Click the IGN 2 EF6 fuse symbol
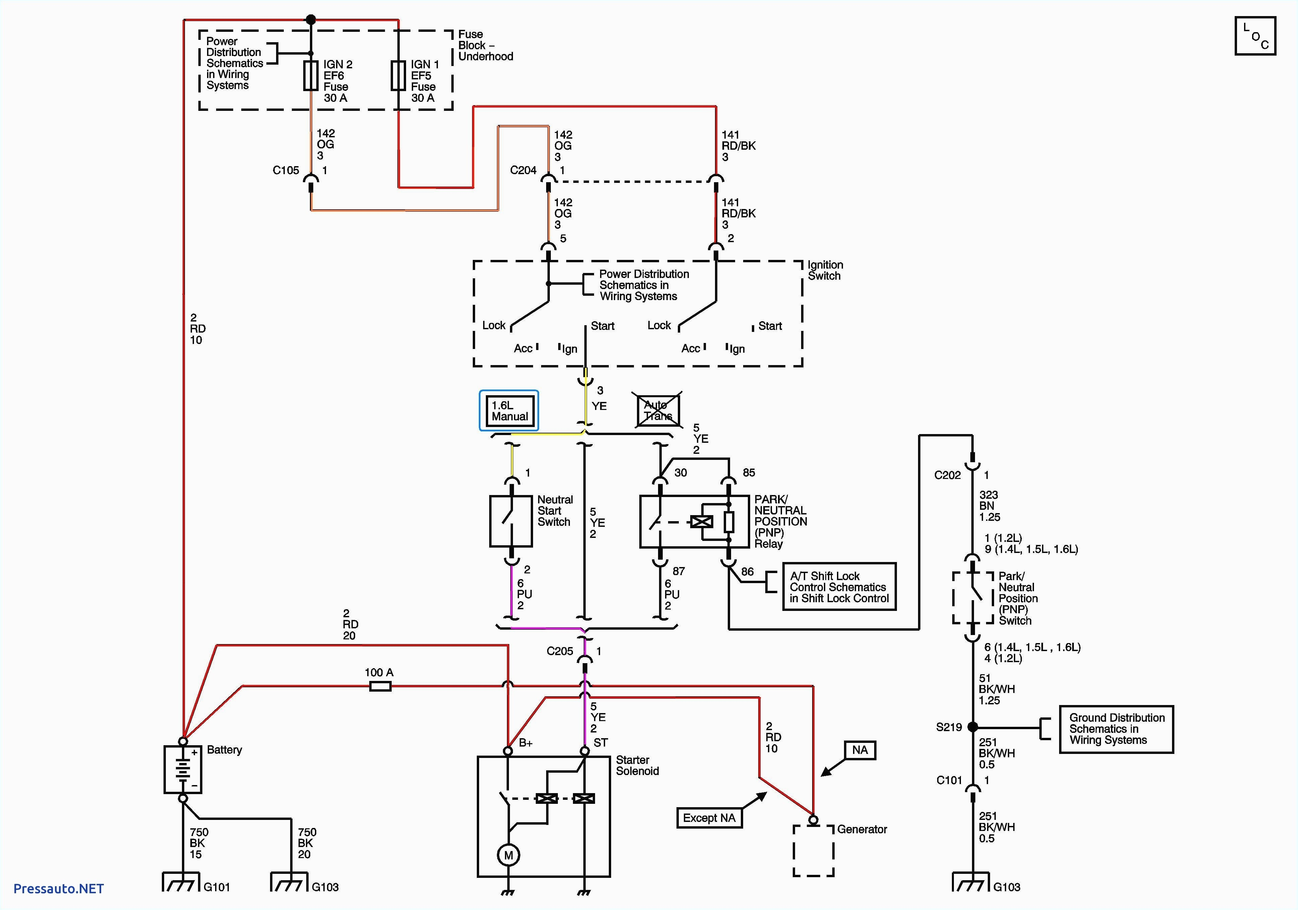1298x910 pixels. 311,76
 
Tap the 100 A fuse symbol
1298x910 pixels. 380,686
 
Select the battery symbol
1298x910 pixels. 183,769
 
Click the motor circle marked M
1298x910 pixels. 508,855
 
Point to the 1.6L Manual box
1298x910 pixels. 509,411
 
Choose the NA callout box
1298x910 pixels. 860,750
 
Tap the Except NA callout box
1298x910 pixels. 709,818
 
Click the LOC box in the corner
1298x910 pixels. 1255,36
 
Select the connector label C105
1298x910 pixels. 285,170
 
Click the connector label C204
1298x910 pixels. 523,170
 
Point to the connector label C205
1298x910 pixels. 560,651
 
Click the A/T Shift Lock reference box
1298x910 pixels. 839,587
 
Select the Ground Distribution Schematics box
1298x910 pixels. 1116,729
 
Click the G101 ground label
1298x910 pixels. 216,887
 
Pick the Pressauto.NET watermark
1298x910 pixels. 58,889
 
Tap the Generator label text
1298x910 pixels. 861,829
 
